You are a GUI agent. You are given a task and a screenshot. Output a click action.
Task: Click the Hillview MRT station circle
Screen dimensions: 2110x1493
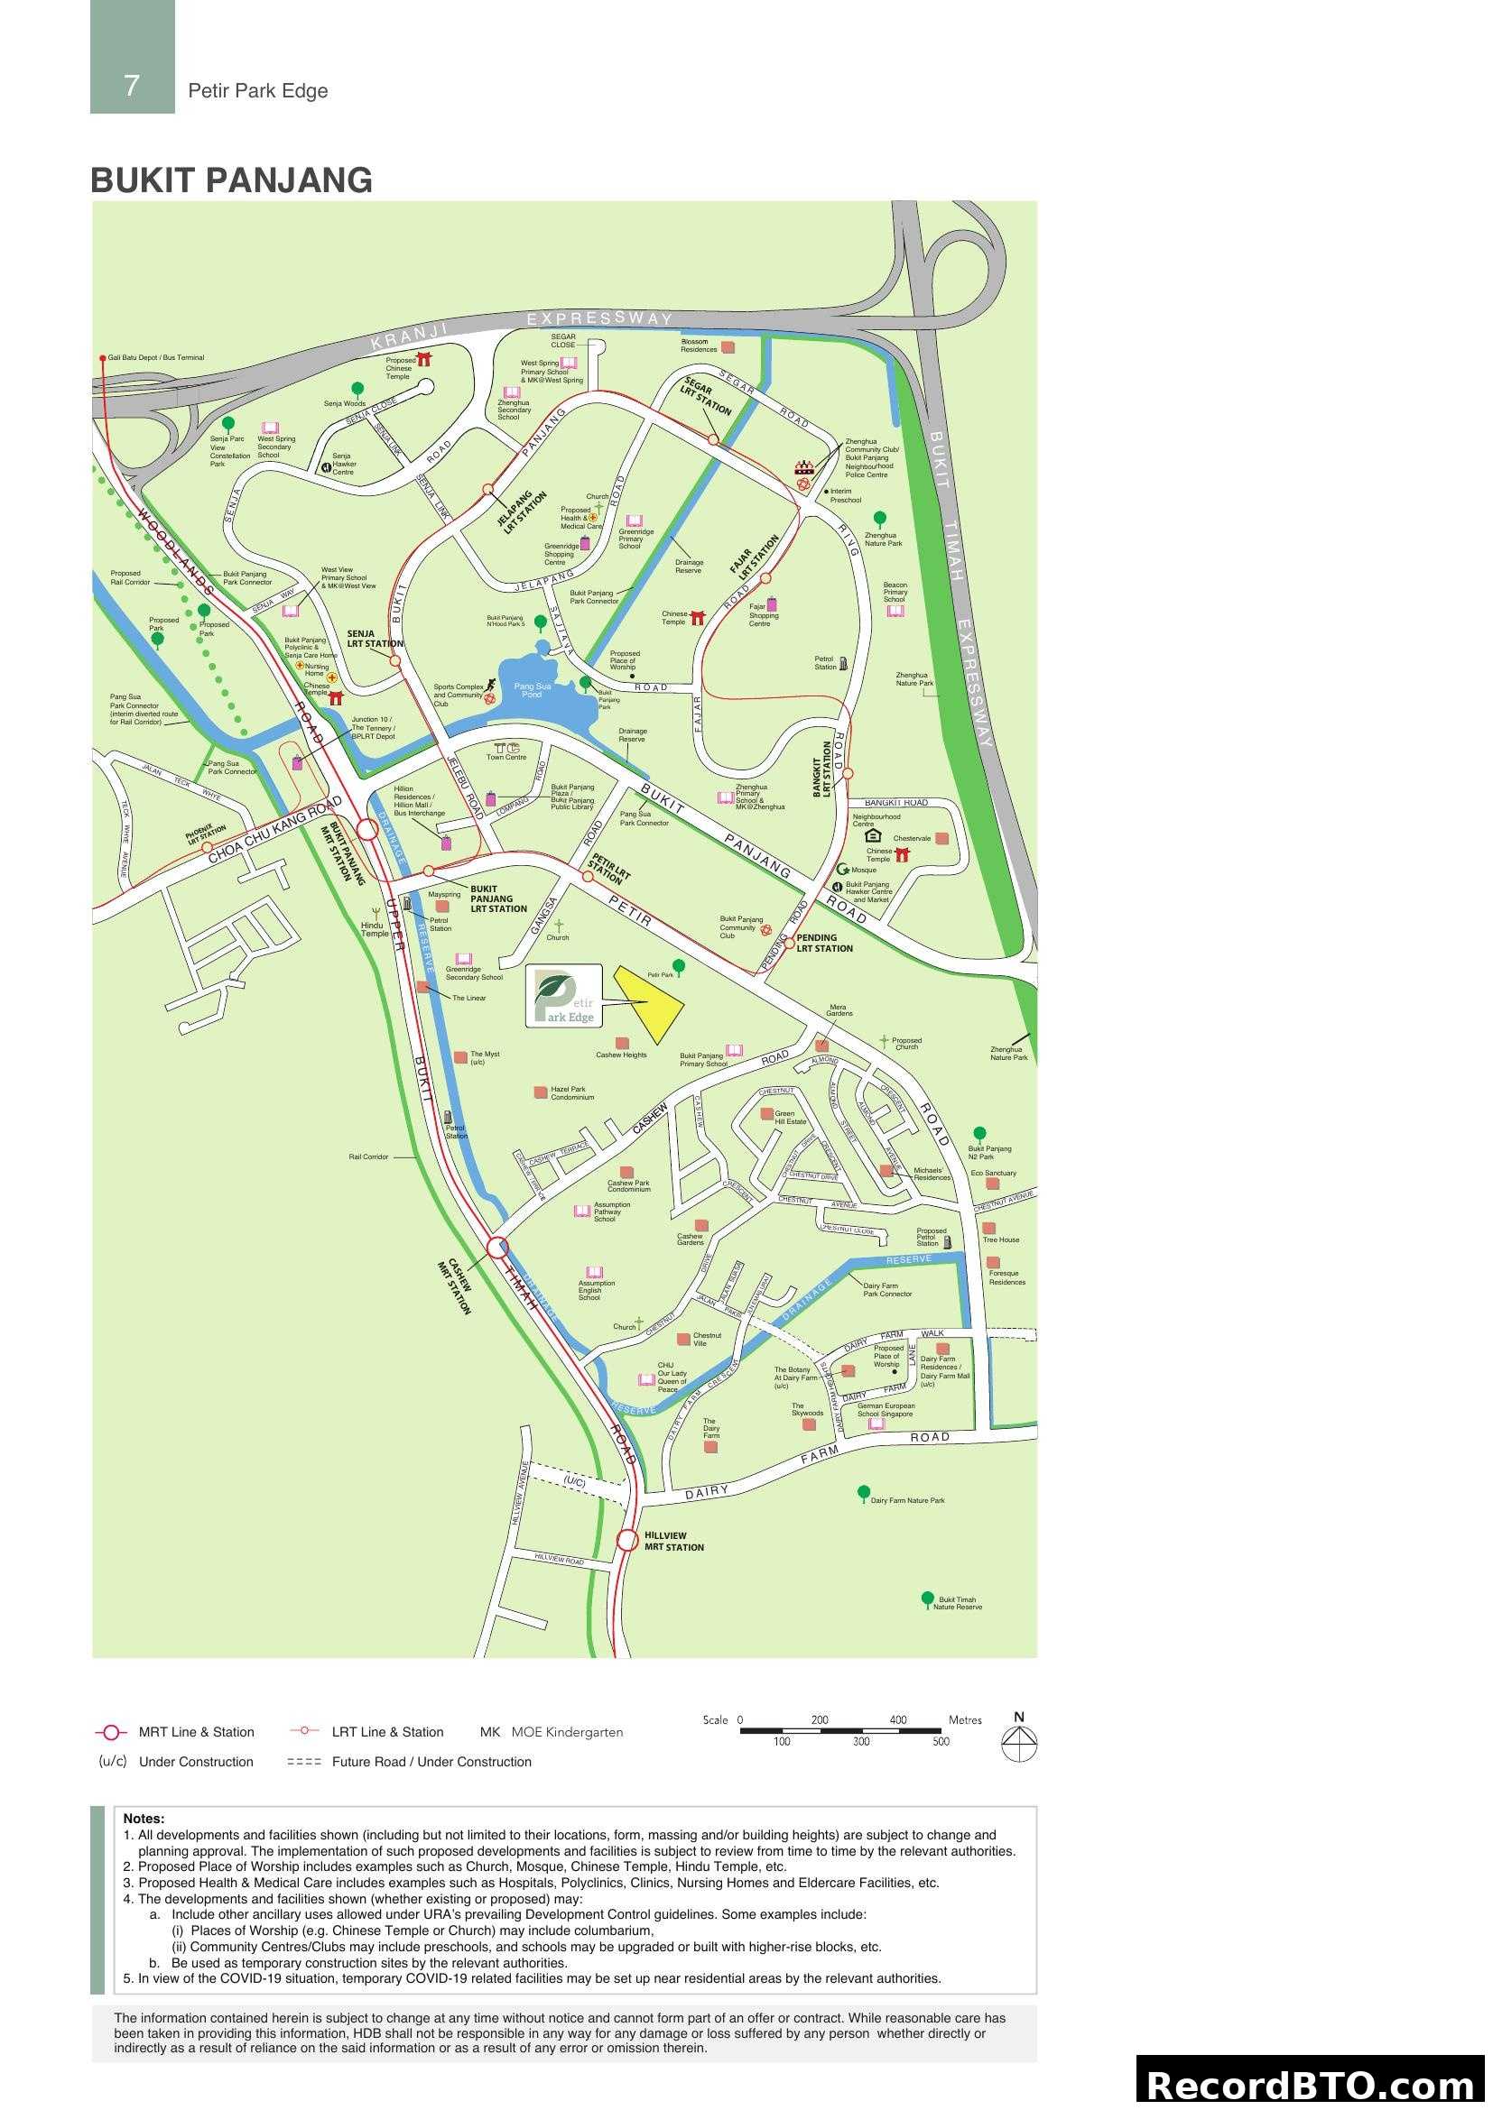[x=627, y=1539]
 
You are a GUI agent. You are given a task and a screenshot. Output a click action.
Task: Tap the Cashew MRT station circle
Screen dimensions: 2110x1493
[x=497, y=1247]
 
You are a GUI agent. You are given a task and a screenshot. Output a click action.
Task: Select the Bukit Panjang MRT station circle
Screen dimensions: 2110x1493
[x=366, y=830]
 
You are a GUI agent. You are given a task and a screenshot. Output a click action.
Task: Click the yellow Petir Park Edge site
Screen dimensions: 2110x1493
[x=650, y=1002]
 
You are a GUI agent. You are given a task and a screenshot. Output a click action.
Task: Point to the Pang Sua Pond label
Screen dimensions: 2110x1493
[x=533, y=690]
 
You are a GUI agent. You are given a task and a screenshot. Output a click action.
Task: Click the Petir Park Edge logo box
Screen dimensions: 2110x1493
[x=563, y=995]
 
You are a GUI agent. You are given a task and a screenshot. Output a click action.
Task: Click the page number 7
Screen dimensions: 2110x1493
[x=132, y=86]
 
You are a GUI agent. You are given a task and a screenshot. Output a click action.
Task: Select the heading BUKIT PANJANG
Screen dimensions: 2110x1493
[x=231, y=180]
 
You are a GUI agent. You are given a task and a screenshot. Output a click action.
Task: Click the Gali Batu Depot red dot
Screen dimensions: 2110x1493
[x=103, y=357]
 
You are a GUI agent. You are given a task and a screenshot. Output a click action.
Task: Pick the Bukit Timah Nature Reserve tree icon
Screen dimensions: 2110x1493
[x=928, y=1599]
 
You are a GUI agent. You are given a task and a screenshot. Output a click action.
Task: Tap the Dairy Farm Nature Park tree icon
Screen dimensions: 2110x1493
[x=863, y=1491]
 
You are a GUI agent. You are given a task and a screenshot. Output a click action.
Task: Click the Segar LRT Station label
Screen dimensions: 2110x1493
[x=706, y=396]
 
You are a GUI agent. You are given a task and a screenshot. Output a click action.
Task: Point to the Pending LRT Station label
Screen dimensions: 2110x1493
[x=825, y=943]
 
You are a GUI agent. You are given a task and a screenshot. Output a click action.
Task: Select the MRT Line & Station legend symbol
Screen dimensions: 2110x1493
[x=111, y=1732]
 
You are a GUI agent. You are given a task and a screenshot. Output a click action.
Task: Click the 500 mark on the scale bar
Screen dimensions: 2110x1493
[x=941, y=1741]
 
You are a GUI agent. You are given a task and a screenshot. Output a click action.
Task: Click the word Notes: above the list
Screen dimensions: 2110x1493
[x=144, y=1819]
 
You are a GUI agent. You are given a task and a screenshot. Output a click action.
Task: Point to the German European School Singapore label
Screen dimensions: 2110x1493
[x=886, y=1410]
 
